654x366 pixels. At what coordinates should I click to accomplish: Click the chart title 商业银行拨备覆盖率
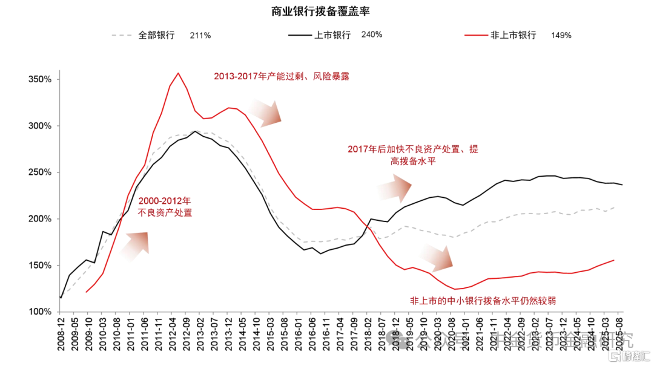pyautogui.click(x=321, y=11)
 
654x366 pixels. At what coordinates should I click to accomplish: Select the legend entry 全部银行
pyautogui.click(x=156, y=35)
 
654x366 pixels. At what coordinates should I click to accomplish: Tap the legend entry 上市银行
pyautogui.click(x=332, y=35)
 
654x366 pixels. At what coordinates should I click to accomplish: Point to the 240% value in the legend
pyautogui.click(x=371, y=34)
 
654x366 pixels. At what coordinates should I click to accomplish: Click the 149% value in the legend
pyautogui.click(x=561, y=35)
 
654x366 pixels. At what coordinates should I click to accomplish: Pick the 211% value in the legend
pyautogui.click(x=200, y=35)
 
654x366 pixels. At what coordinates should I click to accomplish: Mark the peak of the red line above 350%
pyautogui.click(x=178, y=73)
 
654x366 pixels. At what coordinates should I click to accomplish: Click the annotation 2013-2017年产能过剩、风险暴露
pyautogui.click(x=282, y=76)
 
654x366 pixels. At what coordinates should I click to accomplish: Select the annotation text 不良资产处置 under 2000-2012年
pyautogui.click(x=165, y=212)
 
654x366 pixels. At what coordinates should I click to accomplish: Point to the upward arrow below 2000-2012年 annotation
pyautogui.click(x=135, y=245)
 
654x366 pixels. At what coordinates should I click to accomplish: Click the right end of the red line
pyautogui.click(x=614, y=260)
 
